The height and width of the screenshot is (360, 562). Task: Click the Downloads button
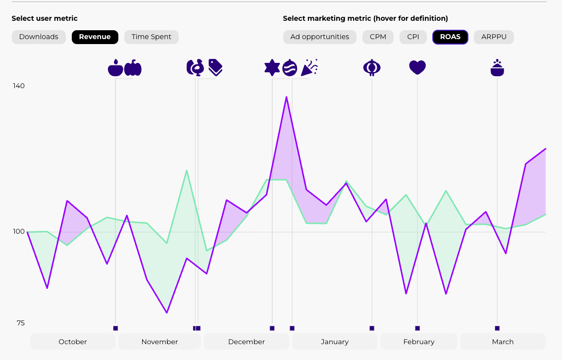39,37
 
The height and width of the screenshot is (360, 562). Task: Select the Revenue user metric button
95,37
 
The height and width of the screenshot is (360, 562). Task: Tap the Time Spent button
151,37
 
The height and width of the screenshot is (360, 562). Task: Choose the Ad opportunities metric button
319,37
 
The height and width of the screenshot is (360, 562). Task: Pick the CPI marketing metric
413,37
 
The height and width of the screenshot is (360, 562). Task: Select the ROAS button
450,37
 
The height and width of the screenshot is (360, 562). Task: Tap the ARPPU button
494,37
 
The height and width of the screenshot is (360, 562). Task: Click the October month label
73,342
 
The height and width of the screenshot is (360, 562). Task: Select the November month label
159,342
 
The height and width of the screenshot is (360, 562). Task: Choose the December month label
247,342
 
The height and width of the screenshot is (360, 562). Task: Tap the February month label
419,342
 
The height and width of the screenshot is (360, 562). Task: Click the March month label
503,342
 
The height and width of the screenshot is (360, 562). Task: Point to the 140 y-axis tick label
19,86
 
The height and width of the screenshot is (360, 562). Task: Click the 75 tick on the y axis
20,323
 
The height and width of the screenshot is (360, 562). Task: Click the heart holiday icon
417,67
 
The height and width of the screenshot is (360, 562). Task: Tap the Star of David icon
272,67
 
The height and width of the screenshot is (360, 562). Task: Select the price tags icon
215,67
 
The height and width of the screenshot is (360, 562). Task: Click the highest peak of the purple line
286,97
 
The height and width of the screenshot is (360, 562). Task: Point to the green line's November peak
187,170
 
